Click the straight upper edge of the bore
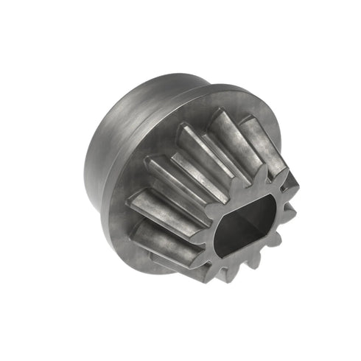tap(239, 200)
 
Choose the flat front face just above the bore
tap(243, 190)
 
